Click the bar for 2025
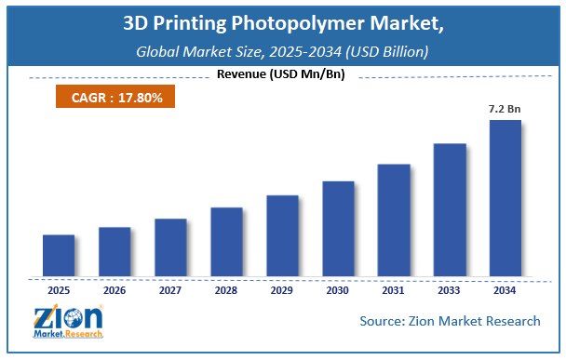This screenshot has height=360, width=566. pyautogui.click(x=59, y=256)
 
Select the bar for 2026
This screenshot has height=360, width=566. pyautogui.click(x=115, y=252)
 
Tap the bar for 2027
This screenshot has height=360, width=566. pyautogui.click(x=170, y=247)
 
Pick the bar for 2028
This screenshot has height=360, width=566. pyautogui.click(x=226, y=242)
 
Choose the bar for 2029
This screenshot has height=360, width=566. pyautogui.click(x=282, y=236)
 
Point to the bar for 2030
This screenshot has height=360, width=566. pyautogui.click(x=338, y=229)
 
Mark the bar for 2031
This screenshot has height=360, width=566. pyautogui.click(x=394, y=220)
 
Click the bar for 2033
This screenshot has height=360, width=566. pyautogui.click(x=450, y=210)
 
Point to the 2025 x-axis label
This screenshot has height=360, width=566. pyautogui.click(x=59, y=289)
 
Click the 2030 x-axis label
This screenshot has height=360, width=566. pyautogui.click(x=338, y=289)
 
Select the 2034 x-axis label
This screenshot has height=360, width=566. pyautogui.click(x=505, y=289)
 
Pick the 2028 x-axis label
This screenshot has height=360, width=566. pyautogui.click(x=226, y=289)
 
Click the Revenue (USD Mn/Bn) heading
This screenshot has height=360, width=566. pyautogui.click(x=280, y=74)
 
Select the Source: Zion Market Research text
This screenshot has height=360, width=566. pyautogui.click(x=450, y=321)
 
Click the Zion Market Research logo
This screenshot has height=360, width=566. pyautogui.click(x=67, y=323)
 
